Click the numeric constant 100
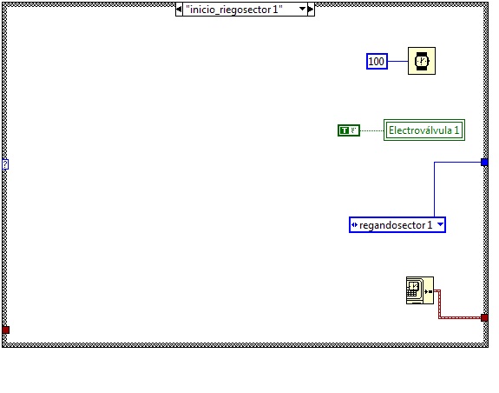(x=377, y=61)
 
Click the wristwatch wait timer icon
(x=422, y=61)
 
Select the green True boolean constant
(x=349, y=130)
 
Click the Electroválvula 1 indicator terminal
(x=424, y=130)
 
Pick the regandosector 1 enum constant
(x=397, y=225)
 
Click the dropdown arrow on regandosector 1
(x=440, y=224)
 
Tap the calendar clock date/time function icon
(x=420, y=290)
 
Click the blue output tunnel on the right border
(x=484, y=163)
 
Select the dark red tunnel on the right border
(x=484, y=317)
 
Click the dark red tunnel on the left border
(x=6, y=330)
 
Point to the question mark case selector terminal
(x=5, y=164)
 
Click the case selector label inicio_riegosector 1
(x=234, y=10)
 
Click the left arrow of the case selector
(x=179, y=10)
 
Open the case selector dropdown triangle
(x=302, y=9)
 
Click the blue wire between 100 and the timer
(x=397, y=61)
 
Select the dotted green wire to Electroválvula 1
(x=371, y=130)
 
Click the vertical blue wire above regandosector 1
(x=435, y=190)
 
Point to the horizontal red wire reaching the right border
(x=460, y=317)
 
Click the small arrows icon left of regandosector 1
(x=354, y=224)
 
